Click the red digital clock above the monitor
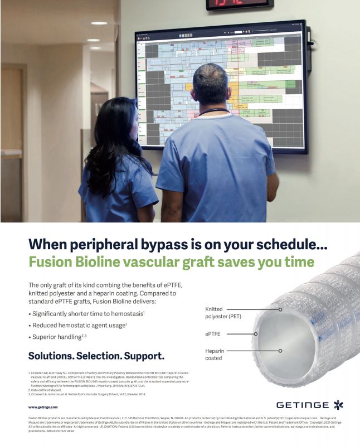tap(238, 4)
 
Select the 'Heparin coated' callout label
tap(215, 355)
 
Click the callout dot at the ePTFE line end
tap(256, 334)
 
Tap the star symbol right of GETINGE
tap(338, 404)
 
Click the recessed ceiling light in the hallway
tap(99, 23)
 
